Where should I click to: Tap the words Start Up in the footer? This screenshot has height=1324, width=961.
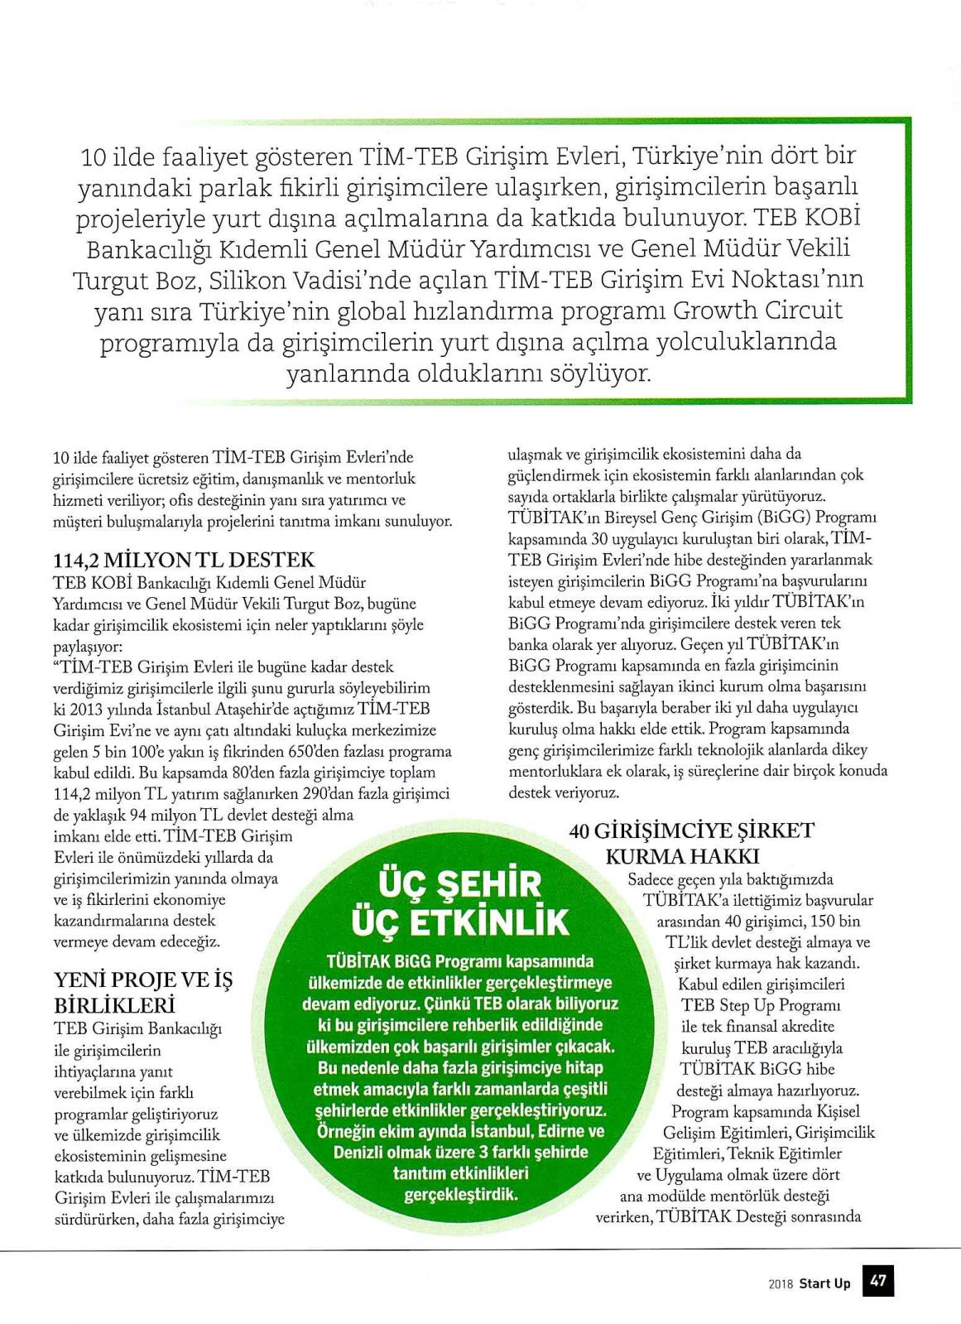[x=824, y=1283]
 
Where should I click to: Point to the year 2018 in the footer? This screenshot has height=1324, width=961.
[x=781, y=1284]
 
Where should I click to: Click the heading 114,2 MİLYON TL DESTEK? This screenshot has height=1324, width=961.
[x=183, y=560]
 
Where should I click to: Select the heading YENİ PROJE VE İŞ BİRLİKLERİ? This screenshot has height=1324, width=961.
[x=142, y=992]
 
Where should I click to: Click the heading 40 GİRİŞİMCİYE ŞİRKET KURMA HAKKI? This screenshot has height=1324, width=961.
[x=692, y=842]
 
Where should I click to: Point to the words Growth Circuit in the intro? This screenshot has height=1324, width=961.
[x=757, y=311]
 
